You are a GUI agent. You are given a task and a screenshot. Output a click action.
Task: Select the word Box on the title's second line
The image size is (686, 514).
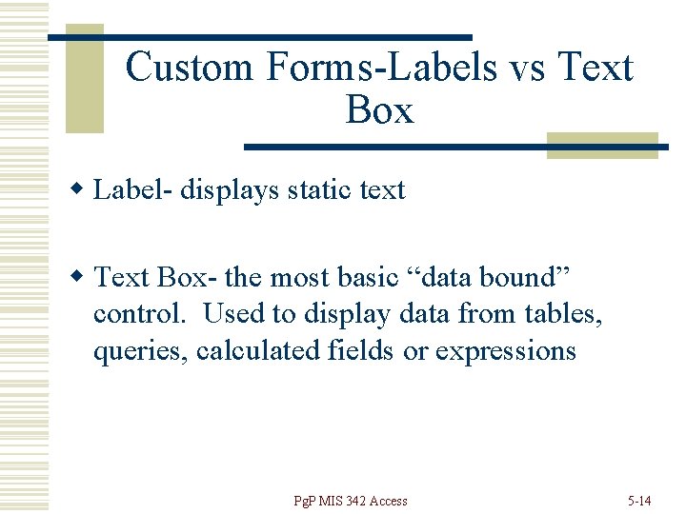point(379,111)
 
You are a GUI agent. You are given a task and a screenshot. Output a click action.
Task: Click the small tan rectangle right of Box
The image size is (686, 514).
point(602,144)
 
